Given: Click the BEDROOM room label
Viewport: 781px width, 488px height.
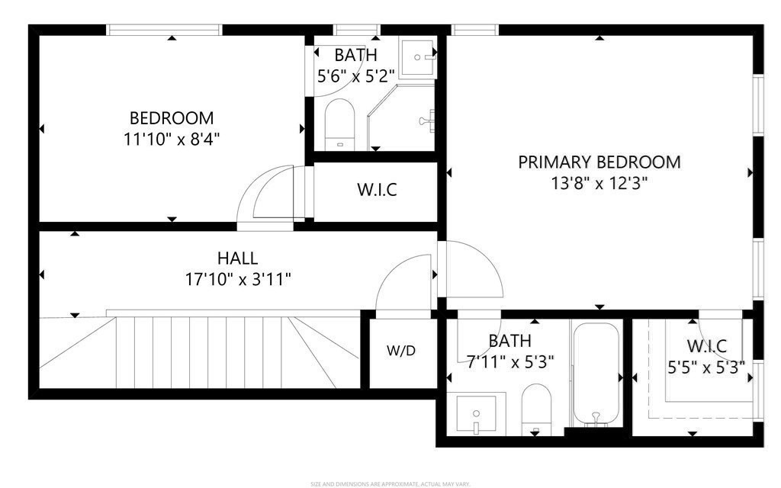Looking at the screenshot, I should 171,118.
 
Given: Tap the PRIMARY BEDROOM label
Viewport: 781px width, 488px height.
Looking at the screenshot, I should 599,162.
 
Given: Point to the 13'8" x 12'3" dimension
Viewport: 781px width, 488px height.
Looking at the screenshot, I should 599,183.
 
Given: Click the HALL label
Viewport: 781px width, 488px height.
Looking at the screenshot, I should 237,258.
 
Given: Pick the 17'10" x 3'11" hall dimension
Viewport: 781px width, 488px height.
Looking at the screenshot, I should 237,279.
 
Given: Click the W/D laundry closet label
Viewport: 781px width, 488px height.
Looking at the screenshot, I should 402,352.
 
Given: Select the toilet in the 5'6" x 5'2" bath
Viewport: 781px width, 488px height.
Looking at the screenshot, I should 340,126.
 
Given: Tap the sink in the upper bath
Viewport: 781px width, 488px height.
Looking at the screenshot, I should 419,56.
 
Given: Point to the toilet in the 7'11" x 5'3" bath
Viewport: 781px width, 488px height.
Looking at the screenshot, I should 535,409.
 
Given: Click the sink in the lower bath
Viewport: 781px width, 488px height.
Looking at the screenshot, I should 476,415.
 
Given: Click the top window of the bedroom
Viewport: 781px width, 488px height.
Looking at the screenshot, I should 164,30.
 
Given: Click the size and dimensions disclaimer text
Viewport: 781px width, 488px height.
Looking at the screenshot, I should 390,483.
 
